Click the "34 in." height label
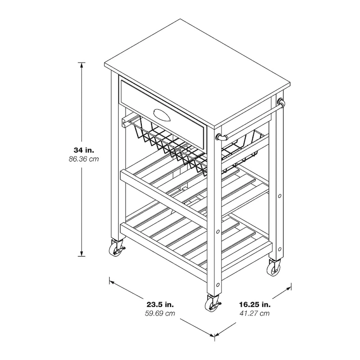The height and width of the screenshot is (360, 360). pos(86,149)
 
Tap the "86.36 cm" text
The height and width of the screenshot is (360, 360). pos(86,159)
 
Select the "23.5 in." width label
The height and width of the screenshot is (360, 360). pos(161,304)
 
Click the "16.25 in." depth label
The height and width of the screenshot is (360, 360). pos(255,304)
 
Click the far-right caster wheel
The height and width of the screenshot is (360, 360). pos(274,268)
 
